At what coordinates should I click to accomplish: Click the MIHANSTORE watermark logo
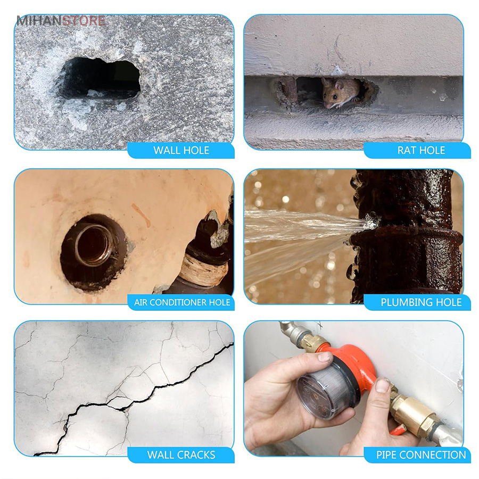[61, 21]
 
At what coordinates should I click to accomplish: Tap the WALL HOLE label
[181, 150]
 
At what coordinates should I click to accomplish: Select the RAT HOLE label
[421, 150]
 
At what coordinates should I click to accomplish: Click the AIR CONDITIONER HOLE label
[182, 302]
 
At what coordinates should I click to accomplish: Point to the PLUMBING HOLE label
[421, 302]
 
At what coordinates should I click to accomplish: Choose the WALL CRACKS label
[181, 455]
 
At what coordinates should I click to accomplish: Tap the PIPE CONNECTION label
[421, 455]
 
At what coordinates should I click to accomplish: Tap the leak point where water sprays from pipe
[371, 221]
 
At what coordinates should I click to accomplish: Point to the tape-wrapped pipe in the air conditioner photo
[203, 269]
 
